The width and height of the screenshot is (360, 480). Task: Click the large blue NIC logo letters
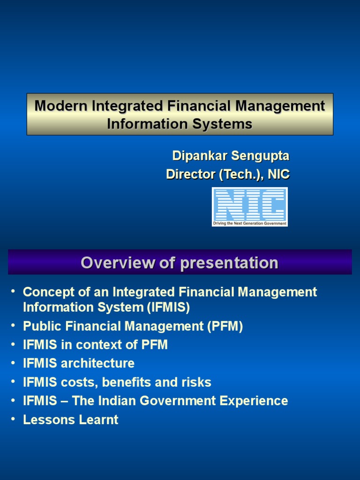249,204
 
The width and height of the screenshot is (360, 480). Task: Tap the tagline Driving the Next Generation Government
249,224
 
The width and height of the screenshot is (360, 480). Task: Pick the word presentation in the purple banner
229,262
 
